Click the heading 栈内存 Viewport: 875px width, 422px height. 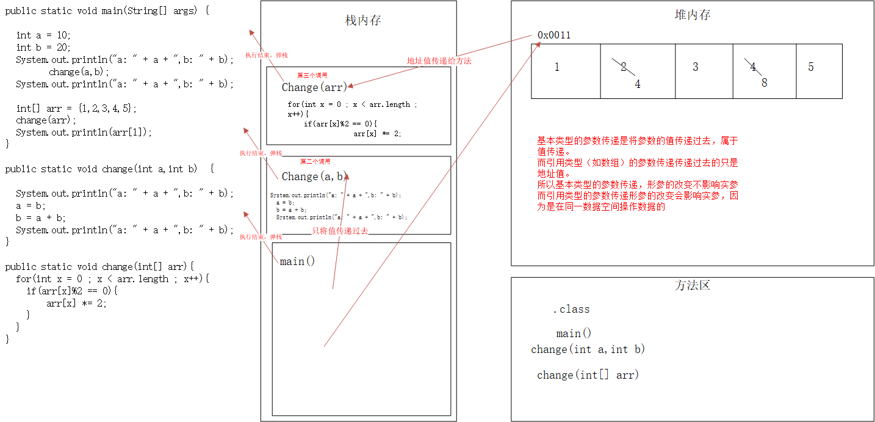363,21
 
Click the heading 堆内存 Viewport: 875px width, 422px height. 693,15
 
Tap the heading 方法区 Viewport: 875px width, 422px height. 693,285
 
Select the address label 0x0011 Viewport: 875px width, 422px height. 554,35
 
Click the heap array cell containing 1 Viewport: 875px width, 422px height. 565,71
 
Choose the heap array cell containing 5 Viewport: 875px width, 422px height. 818,71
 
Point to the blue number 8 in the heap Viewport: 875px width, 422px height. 764,82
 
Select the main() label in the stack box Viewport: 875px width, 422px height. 297,261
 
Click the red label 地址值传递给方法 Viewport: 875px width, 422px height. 439,61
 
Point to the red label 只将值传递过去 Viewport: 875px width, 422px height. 340,230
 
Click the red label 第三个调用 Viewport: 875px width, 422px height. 312,75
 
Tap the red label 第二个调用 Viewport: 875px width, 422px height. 315,162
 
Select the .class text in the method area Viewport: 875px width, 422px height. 571,309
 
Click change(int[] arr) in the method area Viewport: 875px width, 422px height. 588,375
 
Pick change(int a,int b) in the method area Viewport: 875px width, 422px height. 588,349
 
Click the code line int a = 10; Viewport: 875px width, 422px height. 43,35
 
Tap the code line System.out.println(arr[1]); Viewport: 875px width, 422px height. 84,133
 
